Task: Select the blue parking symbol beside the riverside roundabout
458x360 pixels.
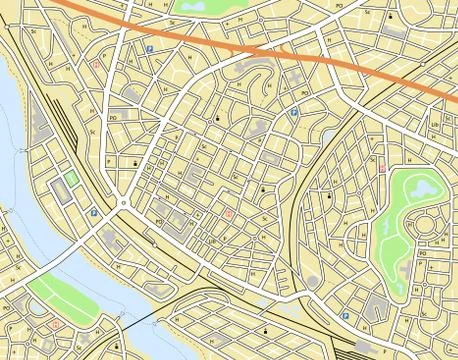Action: point(95,212)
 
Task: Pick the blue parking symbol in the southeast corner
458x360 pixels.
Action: point(345,316)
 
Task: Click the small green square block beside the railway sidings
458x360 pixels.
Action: point(71,180)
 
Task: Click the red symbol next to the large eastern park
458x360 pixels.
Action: point(381,167)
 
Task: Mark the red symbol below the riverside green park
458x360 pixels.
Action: point(56,325)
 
